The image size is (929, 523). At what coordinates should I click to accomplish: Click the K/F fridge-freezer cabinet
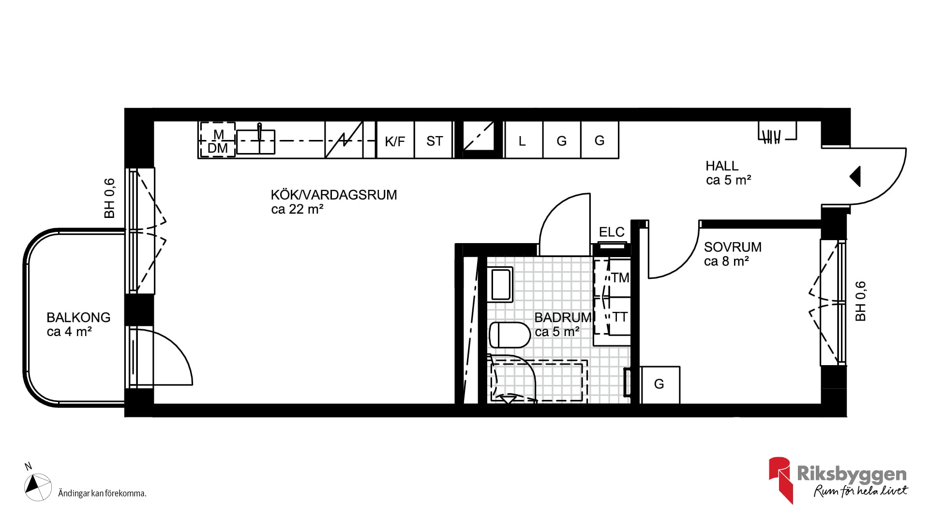tap(395, 140)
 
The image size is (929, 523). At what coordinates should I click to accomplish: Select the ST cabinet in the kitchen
tap(434, 140)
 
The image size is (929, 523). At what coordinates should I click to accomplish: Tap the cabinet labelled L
tap(524, 140)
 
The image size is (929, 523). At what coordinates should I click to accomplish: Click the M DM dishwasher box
tap(218, 140)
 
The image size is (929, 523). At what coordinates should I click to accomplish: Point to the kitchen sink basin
tap(255, 141)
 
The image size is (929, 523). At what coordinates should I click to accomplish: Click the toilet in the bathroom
tap(509, 335)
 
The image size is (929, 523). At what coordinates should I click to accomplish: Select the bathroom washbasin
tap(502, 285)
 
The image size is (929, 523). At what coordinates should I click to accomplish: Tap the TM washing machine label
tap(620, 278)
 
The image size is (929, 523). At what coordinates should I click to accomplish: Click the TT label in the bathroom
tap(620, 317)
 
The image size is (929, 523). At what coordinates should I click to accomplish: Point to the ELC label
tap(612, 232)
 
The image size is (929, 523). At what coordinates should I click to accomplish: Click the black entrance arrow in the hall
tap(855, 176)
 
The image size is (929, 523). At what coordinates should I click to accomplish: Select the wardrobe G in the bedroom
tap(659, 385)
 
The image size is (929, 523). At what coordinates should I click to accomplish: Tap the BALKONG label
tap(78, 318)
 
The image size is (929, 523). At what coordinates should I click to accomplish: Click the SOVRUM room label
tap(733, 247)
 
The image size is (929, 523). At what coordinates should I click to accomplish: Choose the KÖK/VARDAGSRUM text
tap(334, 195)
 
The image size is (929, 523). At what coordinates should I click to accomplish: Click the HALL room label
tap(722, 166)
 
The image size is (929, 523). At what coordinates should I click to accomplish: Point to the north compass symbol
tap(38, 487)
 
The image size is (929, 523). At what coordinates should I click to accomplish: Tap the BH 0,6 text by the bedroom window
tap(860, 301)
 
